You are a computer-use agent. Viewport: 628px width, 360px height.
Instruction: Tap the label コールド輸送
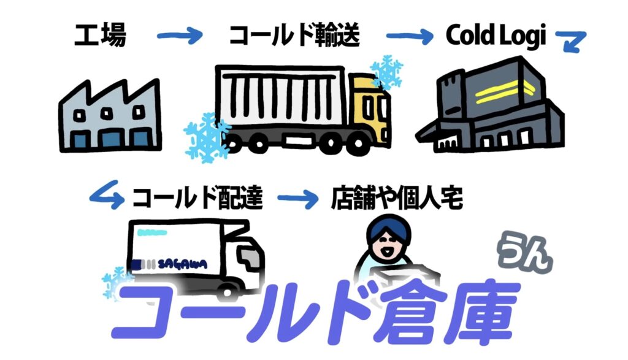(x=294, y=36)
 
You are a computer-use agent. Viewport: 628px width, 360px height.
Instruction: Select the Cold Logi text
(x=496, y=36)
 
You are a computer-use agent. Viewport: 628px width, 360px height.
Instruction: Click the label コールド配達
(x=197, y=197)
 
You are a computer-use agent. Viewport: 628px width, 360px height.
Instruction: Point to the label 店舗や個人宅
(x=397, y=197)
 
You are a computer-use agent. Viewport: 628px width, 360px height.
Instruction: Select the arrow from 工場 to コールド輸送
(x=179, y=36)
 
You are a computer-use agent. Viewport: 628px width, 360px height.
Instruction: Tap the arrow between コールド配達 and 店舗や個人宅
(x=300, y=198)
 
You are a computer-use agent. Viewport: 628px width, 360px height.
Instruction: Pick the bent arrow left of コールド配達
(x=105, y=195)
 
